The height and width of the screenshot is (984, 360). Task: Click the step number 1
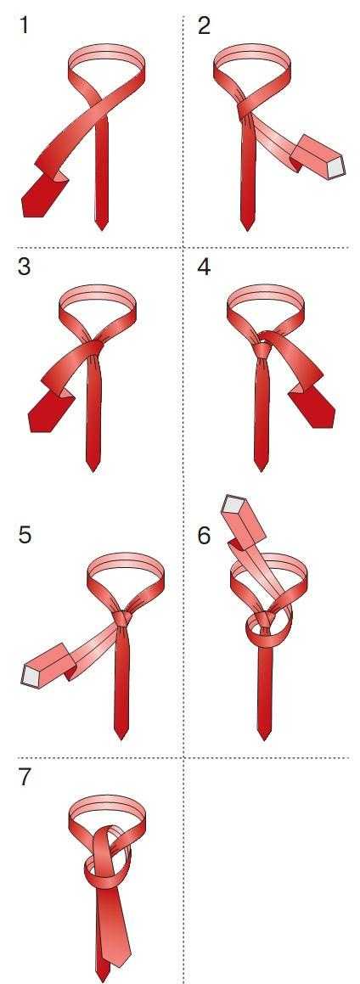click(24, 26)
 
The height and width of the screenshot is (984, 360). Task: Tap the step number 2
click(204, 26)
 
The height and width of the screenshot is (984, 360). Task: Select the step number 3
click(24, 267)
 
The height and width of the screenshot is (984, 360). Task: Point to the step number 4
click(204, 267)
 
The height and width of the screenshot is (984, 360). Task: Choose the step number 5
click(25, 536)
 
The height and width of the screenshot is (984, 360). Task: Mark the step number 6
click(204, 536)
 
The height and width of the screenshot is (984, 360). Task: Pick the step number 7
click(25, 777)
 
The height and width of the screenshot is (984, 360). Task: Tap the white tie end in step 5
click(29, 675)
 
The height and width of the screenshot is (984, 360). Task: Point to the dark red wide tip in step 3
click(47, 414)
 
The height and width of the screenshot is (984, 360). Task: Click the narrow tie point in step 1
click(102, 226)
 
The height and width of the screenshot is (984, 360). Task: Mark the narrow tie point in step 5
click(121, 735)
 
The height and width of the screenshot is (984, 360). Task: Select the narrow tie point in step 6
click(264, 735)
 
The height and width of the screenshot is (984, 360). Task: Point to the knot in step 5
click(123, 619)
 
